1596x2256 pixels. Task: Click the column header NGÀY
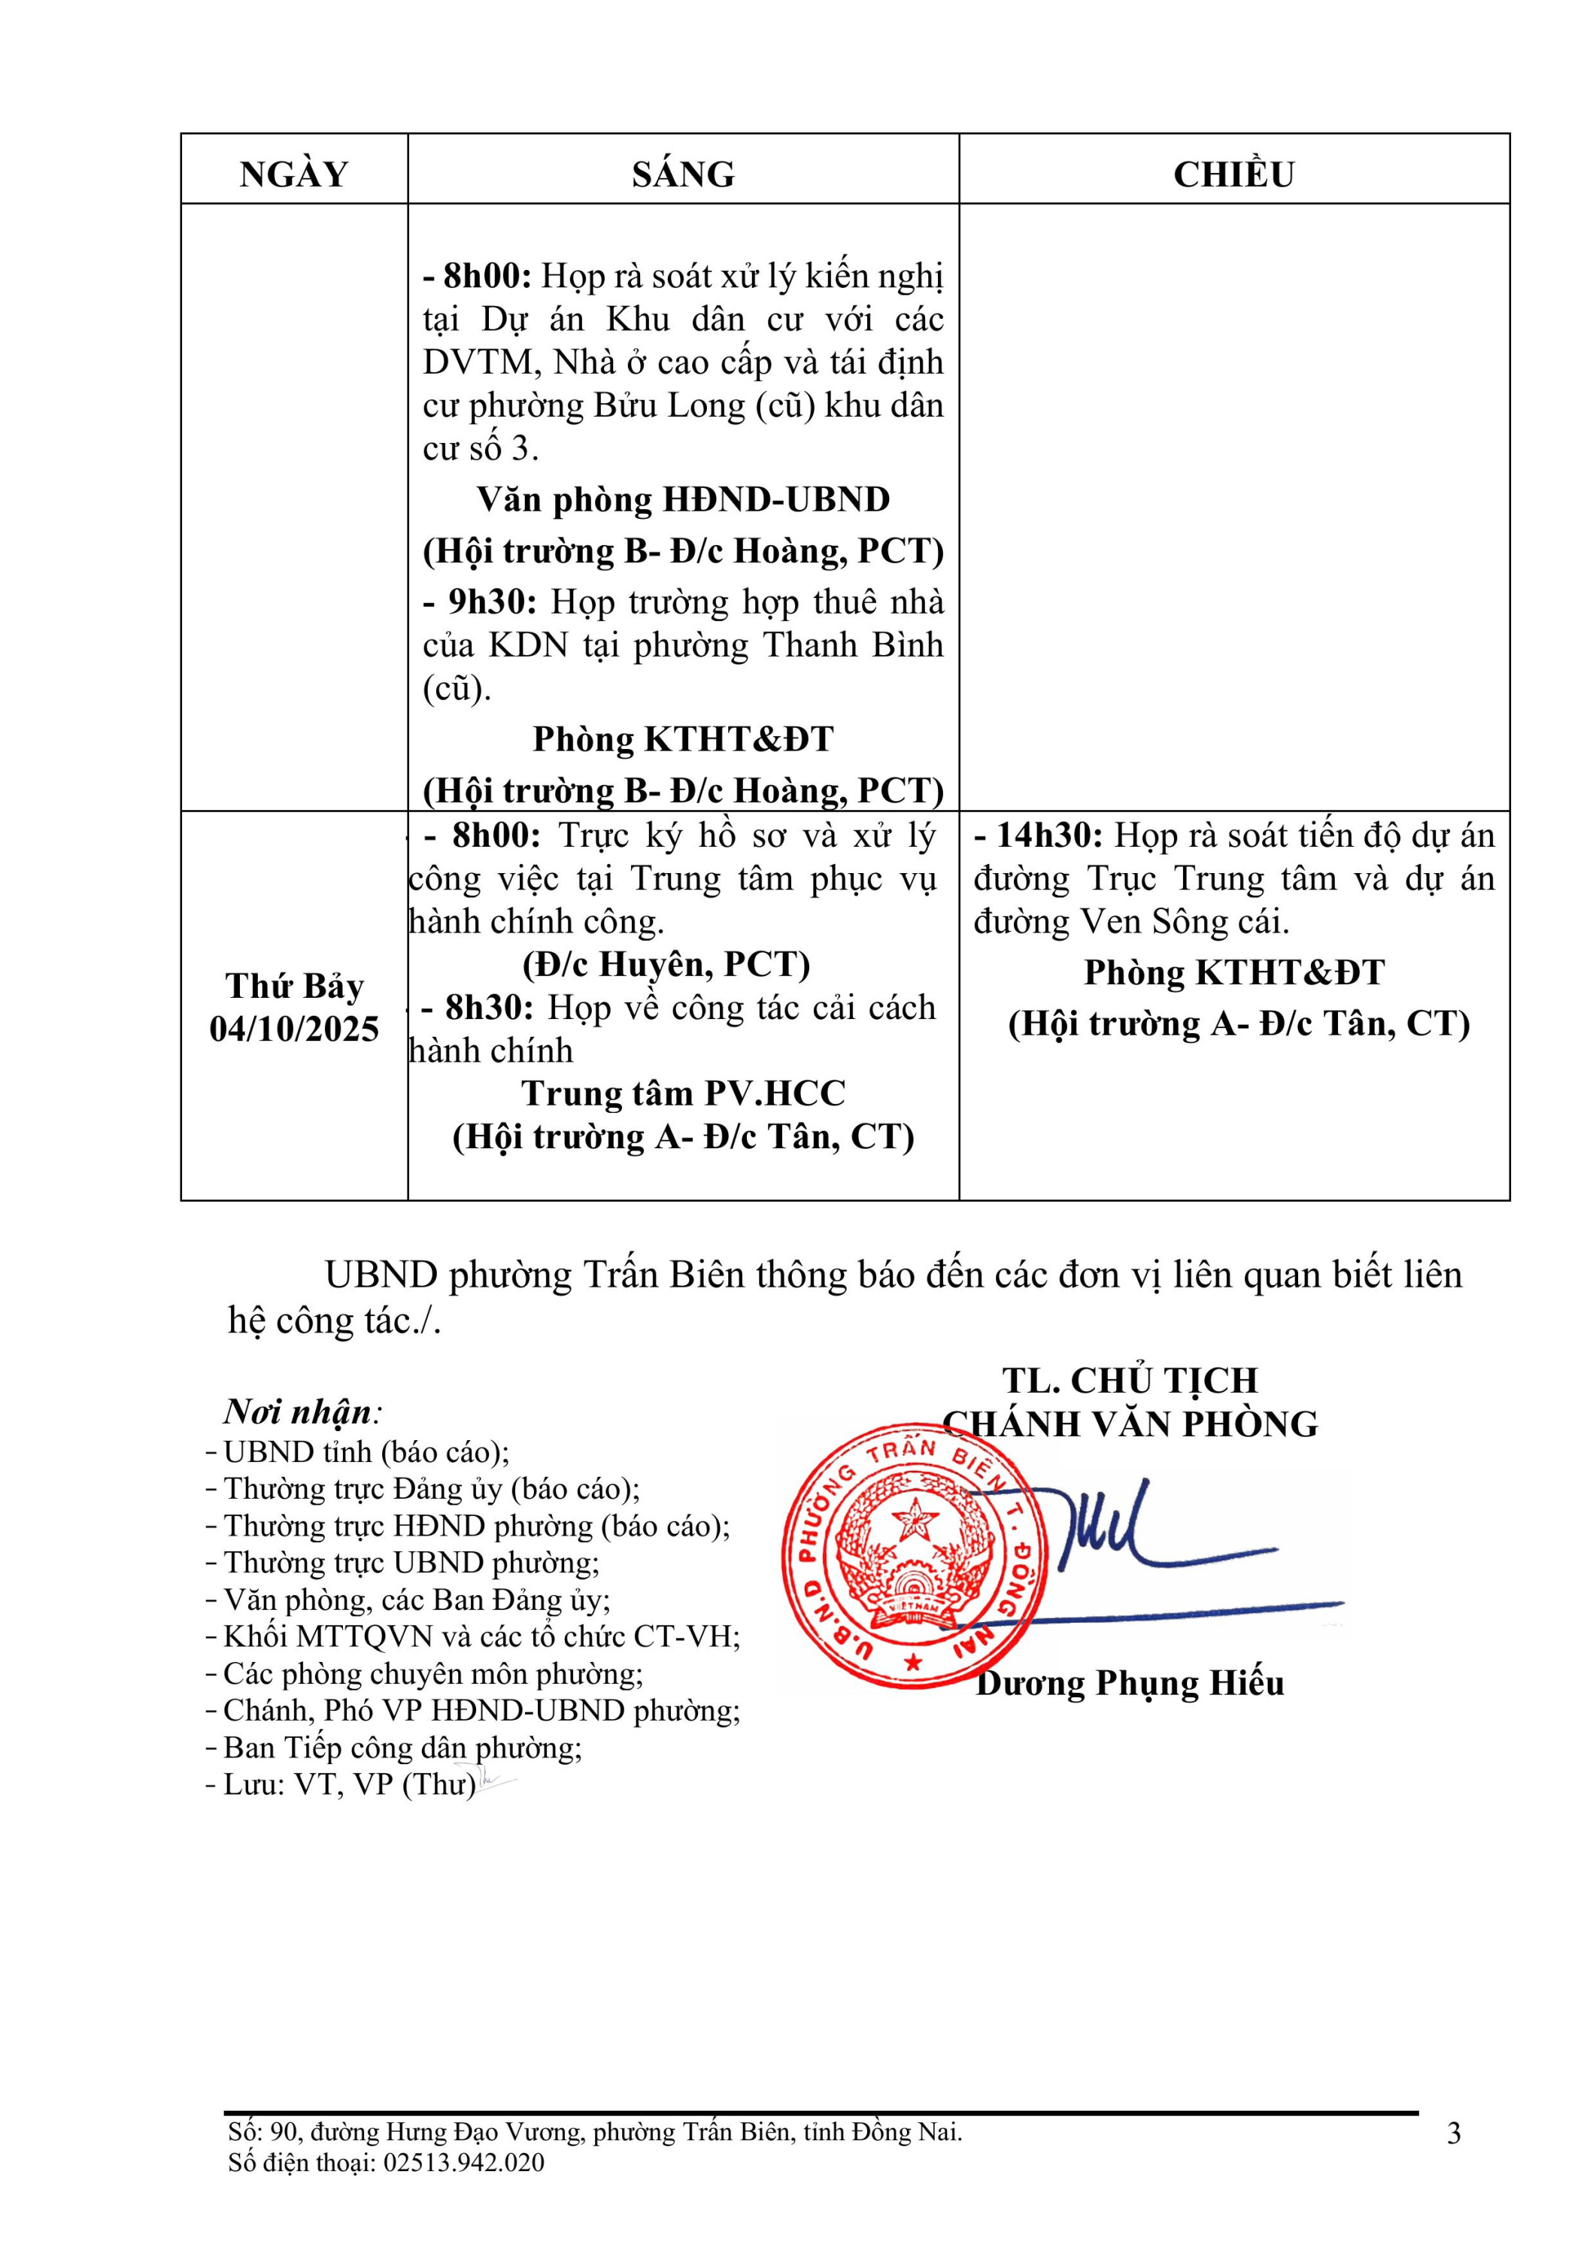coord(294,174)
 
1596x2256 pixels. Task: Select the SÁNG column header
coord(683,174)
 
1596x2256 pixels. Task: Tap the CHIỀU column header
coord(1233,174)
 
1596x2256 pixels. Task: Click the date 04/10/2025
coord(294,1029)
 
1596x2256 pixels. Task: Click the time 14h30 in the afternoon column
coord(1048,835)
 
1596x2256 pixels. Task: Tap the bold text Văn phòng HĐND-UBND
coord(683,499)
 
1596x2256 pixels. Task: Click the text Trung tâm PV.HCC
coord(683,1093)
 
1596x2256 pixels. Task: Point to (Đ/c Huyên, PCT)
coord(666,964)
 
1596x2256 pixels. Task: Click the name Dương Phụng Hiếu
coord(1130,1683)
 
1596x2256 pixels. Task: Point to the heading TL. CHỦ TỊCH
coord(1130,1381)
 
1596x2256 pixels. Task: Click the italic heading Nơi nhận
coord(300,1412)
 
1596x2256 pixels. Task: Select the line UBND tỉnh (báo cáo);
coord(366,1452)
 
